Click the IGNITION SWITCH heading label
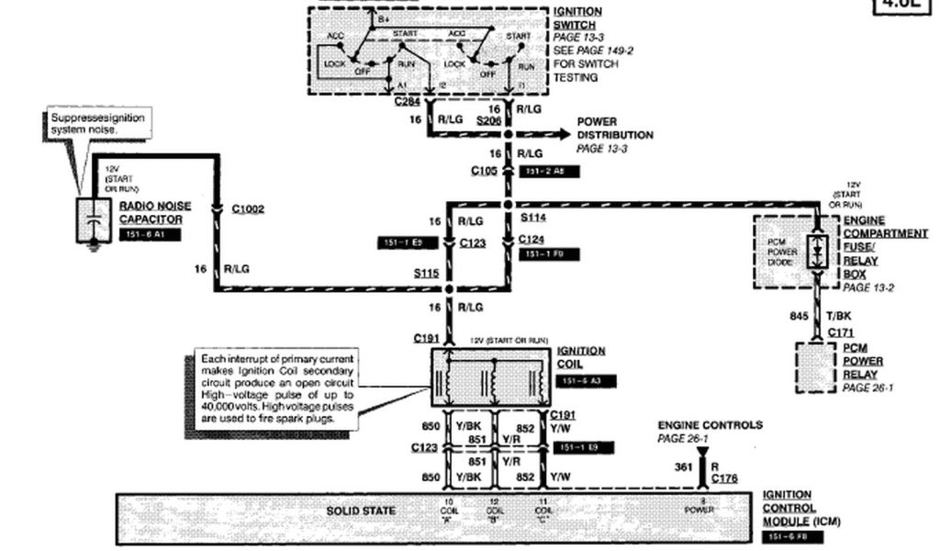578,18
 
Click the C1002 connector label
248,209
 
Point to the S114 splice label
532,219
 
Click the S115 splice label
427,273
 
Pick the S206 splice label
489,120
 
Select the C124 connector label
532,240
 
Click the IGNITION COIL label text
580,356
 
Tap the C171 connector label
842,332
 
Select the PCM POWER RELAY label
860,362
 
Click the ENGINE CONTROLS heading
710,425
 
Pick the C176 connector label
724,478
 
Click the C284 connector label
408,101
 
